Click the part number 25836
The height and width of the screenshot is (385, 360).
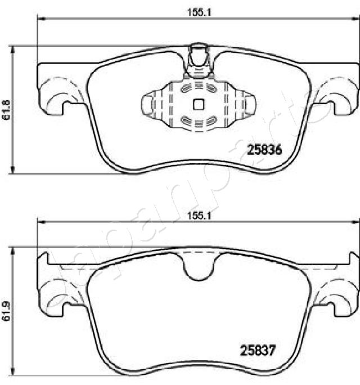pyautogui.click(x=264, y=149)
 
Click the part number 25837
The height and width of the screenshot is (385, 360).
pyautogui.click(x=258, y=350)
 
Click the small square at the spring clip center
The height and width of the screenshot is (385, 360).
pyautogui.click(x=197, y=104)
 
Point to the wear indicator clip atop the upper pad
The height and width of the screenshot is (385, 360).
pyautogui.click(x=197, y=60)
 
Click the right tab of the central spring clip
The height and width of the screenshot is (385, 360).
pyautogui.click(x=248, y=104)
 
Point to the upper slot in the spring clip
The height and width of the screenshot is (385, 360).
pyautogui.click(x=197, y=87)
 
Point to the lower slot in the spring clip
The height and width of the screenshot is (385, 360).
pyautogui.click(x=197, y=120)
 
